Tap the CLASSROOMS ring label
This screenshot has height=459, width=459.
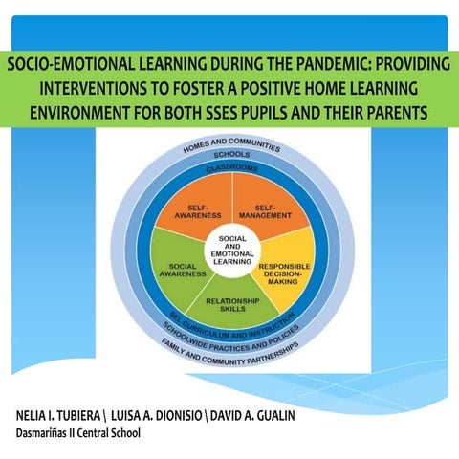point(233,169)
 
